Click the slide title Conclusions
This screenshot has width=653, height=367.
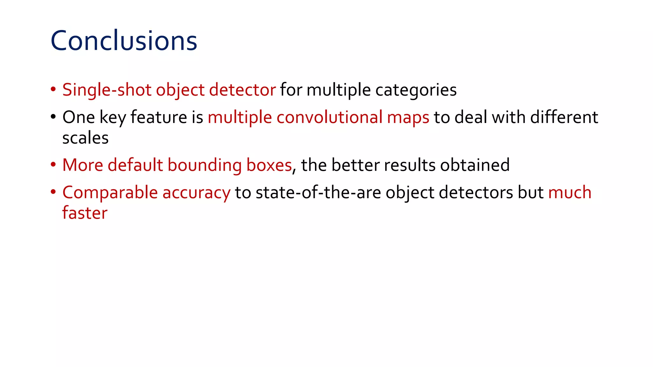click(x=124, y=41)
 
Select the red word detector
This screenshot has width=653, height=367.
click(x=242, y=90)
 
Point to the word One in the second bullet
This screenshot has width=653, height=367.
click(x=78, y=117)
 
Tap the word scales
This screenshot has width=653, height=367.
click(x=85, y=138)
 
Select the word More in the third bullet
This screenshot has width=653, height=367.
click(x=83, y=165)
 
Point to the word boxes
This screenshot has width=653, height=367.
click(x=269, y=165)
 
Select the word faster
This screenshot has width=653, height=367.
click(x=85, y=213)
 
